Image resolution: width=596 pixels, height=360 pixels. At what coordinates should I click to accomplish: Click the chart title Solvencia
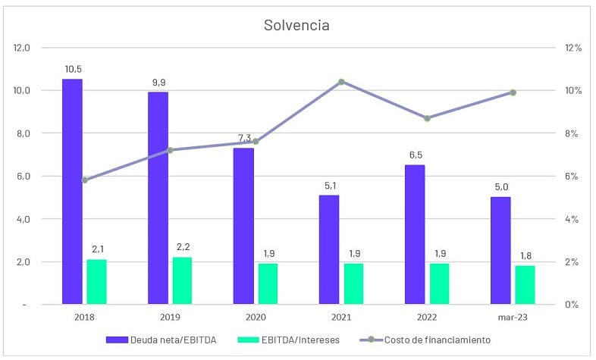pyautogui.click(x=296, y=25)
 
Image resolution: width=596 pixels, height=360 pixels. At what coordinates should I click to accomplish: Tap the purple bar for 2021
pyautogui.click(x=329, y=249)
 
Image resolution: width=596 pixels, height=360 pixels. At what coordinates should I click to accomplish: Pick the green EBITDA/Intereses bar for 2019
pyautogui.click(x=182, y=280)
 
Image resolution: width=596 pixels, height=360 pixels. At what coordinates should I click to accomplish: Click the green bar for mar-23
pyautogui.click(x=525, y=285)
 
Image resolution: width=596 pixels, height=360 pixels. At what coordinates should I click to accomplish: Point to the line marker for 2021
pyautogui.click(x=341, y=82)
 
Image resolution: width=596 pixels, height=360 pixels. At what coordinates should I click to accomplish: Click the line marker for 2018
pyautogui.click(x=84, y=180)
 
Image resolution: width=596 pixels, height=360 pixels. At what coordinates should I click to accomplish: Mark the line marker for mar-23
pyautogui.click(x=513, y=92)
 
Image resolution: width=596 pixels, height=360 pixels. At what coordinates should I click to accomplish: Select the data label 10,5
pyautogui.click(x=72, y=69)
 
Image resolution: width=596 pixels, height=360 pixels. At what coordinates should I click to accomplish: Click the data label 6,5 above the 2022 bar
pyautogui.click(x=415, y=155)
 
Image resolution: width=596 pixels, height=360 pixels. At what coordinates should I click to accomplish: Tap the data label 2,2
pyautogui.click(x=182, y=247)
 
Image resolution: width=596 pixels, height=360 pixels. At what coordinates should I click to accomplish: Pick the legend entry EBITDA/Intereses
pyautogui.click(x=296, y=340)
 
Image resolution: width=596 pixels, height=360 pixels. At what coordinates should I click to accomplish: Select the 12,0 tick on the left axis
pyautogui.click(x=22, y=48)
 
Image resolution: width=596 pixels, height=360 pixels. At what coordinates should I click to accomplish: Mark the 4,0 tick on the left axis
pyautogui.click(x=22, y=219)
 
